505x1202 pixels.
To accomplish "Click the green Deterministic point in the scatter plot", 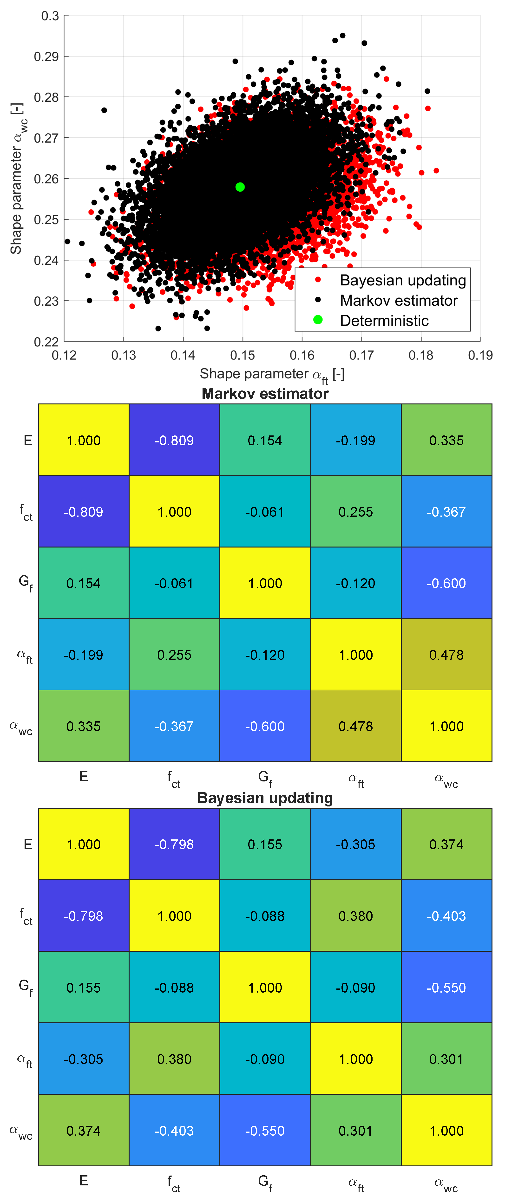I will pyautogui.click(x=240, y=187).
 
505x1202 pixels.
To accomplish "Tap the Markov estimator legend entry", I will pyautogui.click(x=399, y=301).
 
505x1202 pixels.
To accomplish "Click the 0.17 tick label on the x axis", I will pyautogui.click(x=361, y=356).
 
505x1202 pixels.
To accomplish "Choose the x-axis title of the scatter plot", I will pyautogui.click(x=272, y=374).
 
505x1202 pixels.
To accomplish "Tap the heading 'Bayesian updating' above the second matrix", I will pyautogui.click(x=265, y=798).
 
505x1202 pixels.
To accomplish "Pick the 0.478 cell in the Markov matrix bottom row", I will pyautogui.click(x=355, y=726).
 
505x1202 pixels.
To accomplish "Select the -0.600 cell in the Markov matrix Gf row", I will pyautogui.click(x=446, y=583).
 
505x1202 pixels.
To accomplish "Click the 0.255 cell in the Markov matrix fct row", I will pyautogui.click(x=355, y=512).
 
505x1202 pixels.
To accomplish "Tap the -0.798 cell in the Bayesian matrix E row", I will pyautogui.click(x=174, y=844).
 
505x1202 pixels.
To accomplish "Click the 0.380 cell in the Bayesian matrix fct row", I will pyautogui.click(x=355, y=916).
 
